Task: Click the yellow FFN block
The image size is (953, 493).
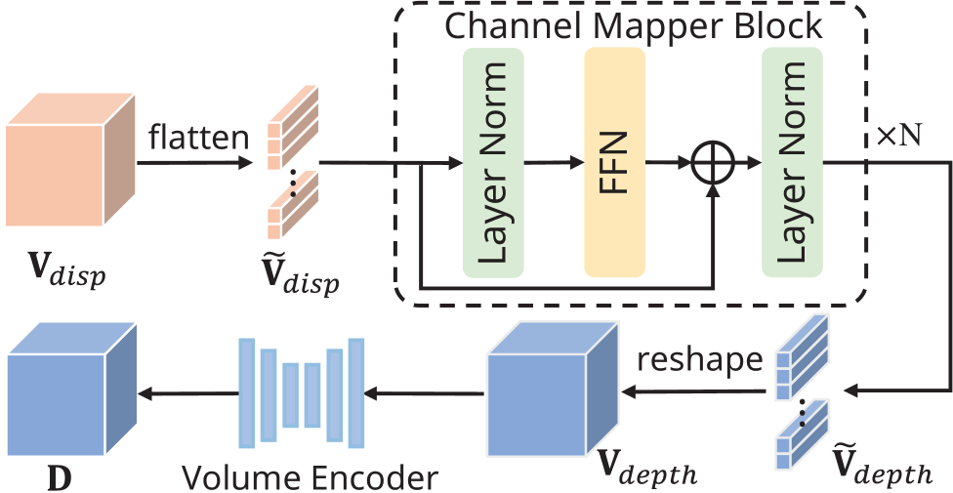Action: point(615,162)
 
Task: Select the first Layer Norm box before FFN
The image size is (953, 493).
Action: point(493,162)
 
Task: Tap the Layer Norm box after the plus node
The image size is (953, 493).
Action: point(792,162)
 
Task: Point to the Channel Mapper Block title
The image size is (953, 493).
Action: point(634,25)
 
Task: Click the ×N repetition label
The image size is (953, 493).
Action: point(898,136)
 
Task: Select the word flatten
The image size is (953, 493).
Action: point(199,138)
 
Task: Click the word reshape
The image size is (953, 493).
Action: point(698,359)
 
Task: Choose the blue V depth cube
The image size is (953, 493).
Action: point(552,390)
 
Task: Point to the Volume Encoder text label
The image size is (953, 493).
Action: point(310,477)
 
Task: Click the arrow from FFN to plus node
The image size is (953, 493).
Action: point(668,163)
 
